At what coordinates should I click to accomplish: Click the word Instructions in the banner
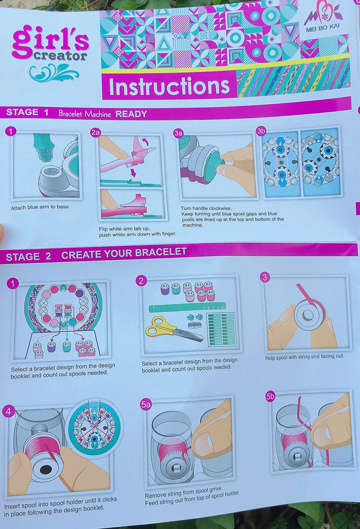(x=169, y=86)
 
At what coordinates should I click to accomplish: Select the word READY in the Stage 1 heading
(x=131, y=114)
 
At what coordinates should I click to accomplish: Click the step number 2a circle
(x=96, y=132)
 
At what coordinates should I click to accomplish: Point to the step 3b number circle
(x=261, y=131)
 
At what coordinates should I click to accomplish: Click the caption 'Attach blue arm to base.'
(x=40, y=207)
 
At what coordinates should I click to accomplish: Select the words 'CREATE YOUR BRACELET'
(x=124, y=253)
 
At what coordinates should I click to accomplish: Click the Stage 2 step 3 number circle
(x=265, y=277)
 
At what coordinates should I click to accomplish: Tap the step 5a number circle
(x=146, y=404)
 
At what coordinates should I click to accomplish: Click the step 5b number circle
(x=270, y=397)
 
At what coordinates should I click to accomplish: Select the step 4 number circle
(x=8, y=411)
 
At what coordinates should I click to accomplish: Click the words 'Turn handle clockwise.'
(x=206, y=208)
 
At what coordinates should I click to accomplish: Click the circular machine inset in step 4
(x=94, y=428)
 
